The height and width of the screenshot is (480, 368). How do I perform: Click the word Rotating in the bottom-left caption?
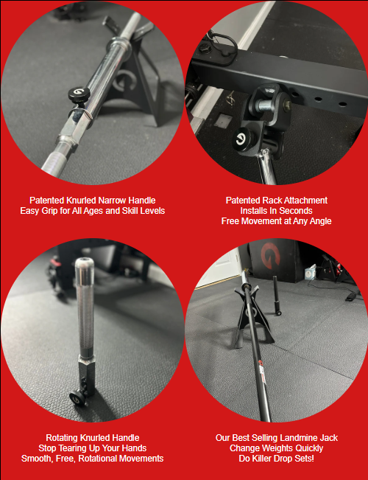(x=62, y=438)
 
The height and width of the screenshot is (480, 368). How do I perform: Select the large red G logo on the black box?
(x=270, y=256)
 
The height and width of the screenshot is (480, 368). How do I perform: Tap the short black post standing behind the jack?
(x=277, y=296)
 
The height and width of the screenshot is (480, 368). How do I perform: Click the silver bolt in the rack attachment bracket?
(x=263, y=105)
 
